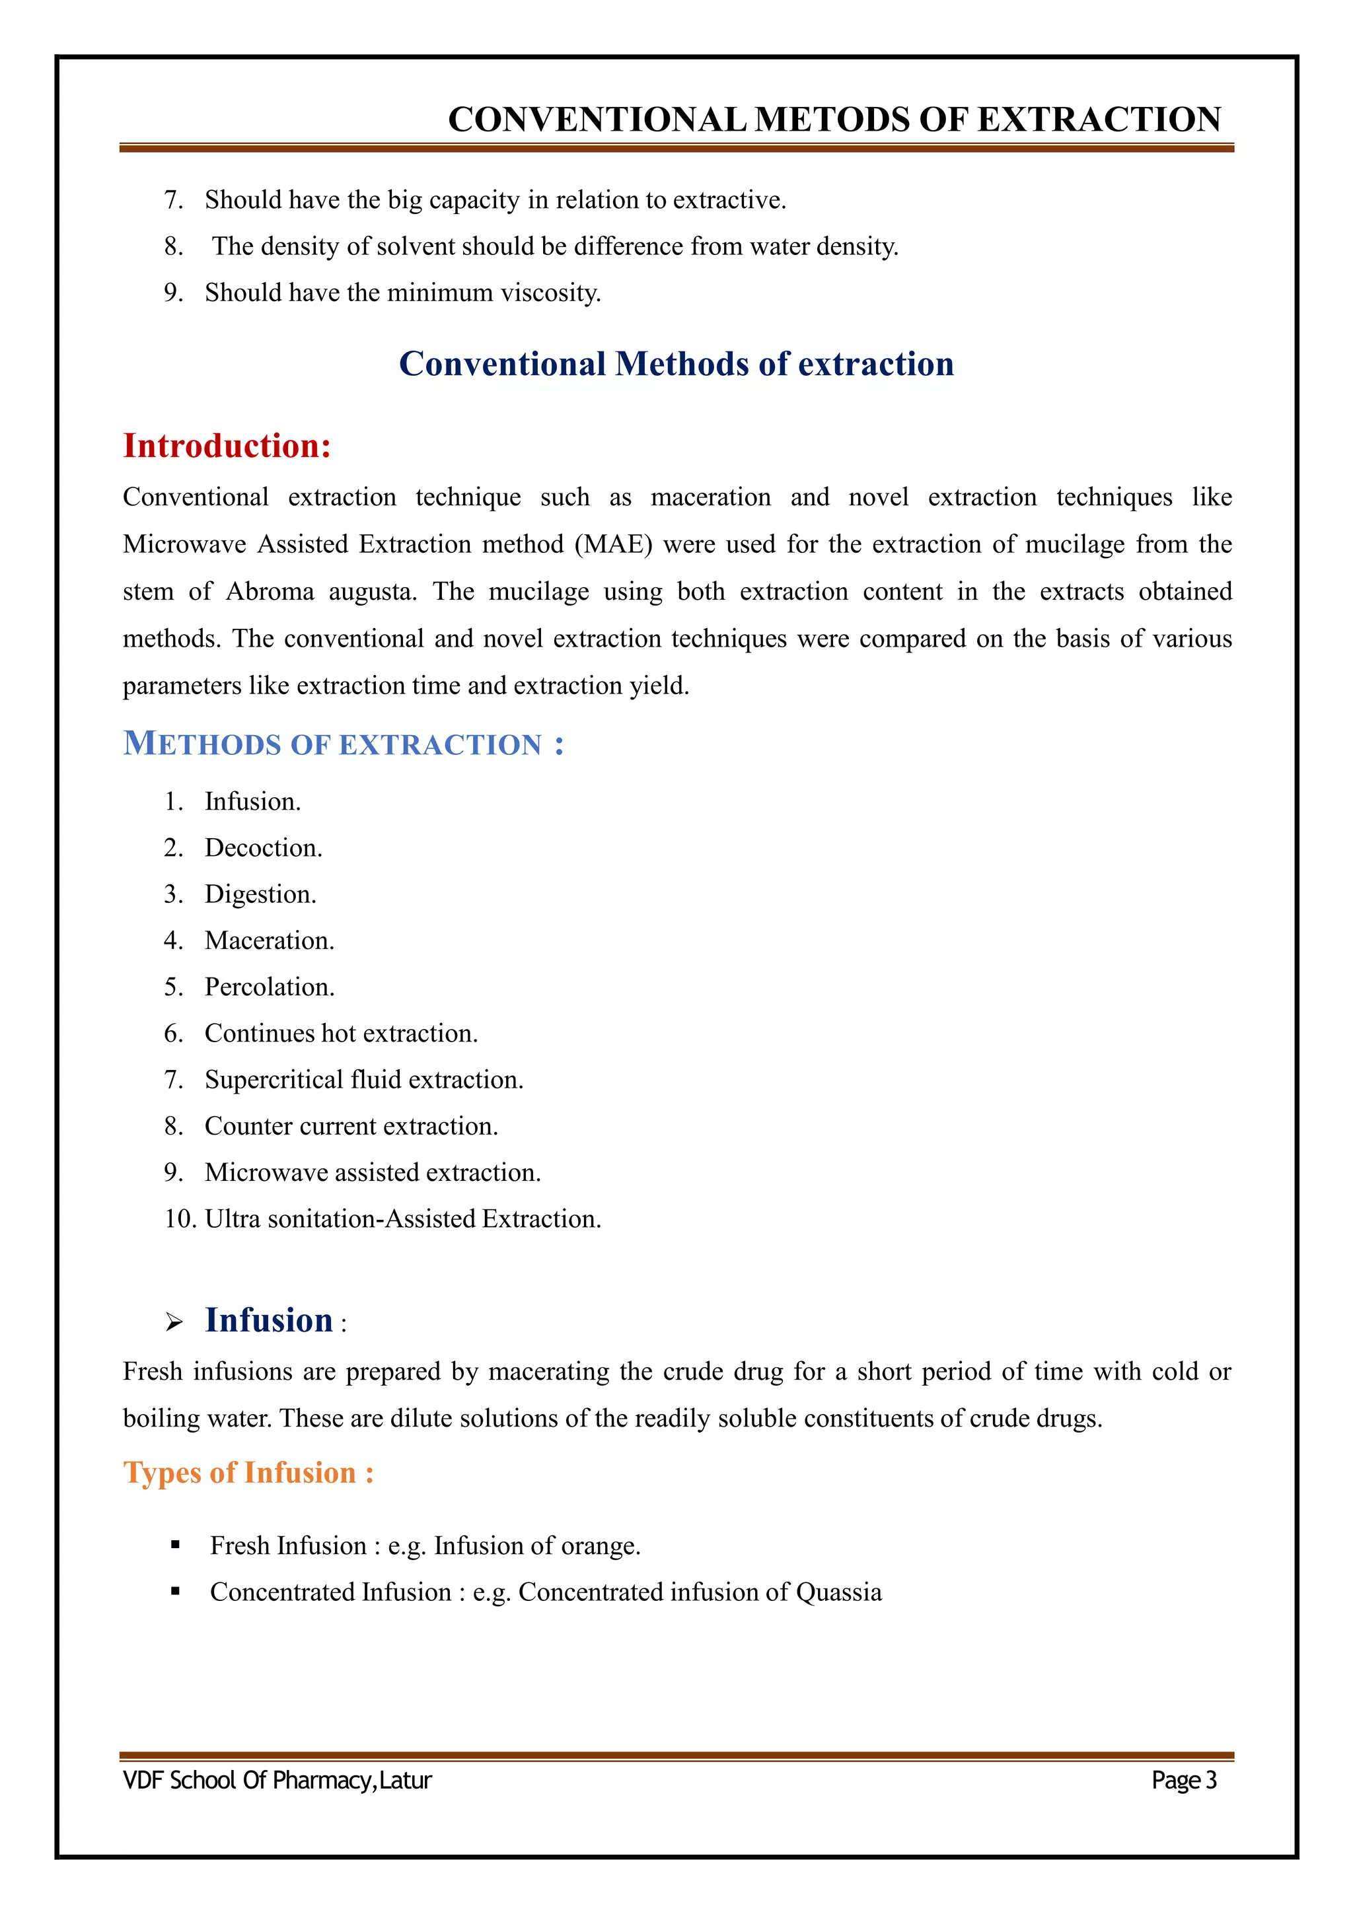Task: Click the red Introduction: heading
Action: tap(227, 446)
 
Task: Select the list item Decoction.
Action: tap(262, 848)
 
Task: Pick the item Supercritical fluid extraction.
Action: tap(363, 1080)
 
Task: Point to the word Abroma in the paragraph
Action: tap(270, 592)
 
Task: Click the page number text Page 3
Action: tap(1183, 1780)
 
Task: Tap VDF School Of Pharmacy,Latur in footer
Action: tap(277, 1780)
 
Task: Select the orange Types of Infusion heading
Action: tap(248, 1472)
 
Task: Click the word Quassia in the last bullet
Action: tap(838, 1592)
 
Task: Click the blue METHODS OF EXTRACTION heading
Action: tap(343, 744)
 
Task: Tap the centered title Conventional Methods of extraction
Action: tap(676, 365)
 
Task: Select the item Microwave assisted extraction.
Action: tap(373, 1173)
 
